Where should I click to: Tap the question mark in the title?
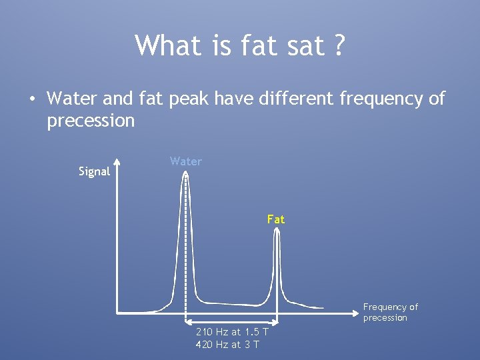[339, 45]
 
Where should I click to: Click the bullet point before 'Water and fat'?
[32, 100]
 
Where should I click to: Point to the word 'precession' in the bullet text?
[91, 121]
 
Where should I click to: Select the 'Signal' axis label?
[94, 171]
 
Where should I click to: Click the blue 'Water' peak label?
[185, 161]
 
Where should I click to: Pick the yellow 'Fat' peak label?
[275, 219]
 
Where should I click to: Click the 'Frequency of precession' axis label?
[390, 312]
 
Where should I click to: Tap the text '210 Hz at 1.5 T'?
[232, 332]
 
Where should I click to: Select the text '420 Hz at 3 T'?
[227, 344]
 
